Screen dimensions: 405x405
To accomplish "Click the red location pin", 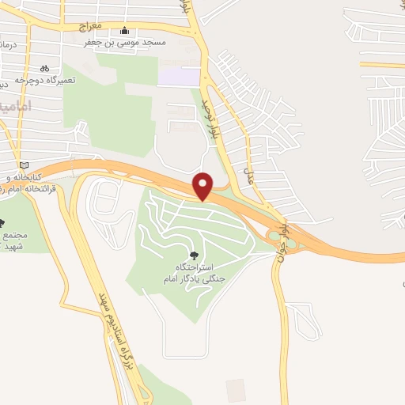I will click(203, 185).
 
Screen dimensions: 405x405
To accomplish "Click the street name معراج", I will click(92, 26).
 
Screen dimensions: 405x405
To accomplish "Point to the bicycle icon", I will click(45, 68).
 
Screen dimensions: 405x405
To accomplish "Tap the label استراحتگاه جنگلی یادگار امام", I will click(195, 274).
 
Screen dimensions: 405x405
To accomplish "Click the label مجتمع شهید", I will click(15, 241).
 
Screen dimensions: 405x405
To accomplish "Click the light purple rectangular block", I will click(179, 77).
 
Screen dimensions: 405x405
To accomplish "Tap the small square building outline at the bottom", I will click(236, 390).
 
